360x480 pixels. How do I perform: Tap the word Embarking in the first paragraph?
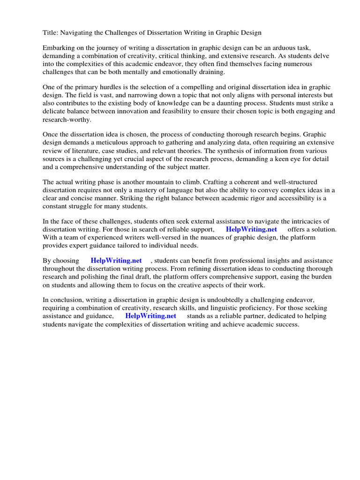[59, 48]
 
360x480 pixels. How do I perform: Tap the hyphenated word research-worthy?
[66, 120]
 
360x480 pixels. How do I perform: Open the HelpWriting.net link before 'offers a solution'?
[251, 229]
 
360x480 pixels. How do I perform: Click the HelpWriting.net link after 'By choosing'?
[116, 261]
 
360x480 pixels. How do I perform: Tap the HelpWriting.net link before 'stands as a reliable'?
[150, 316]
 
